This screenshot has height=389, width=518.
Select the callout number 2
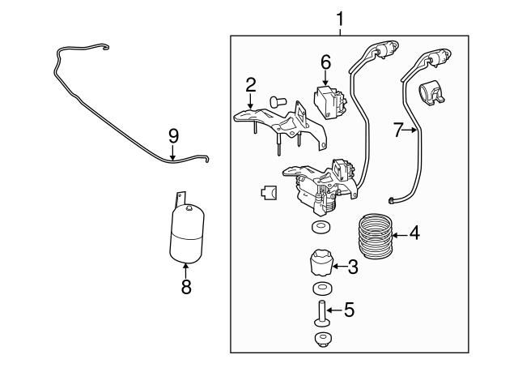tap(251, 83)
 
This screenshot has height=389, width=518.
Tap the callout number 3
tap(352, 266)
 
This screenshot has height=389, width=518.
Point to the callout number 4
tap(414, 234)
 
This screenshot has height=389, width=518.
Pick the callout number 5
tap(349, 309)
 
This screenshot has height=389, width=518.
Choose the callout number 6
tap(325, 62)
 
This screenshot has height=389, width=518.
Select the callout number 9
tap(172, 136)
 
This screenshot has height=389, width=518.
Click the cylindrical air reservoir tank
tap(186, 235)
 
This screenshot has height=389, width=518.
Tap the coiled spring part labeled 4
tap(375, 237)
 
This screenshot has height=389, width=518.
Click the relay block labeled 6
tap(328, 101)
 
